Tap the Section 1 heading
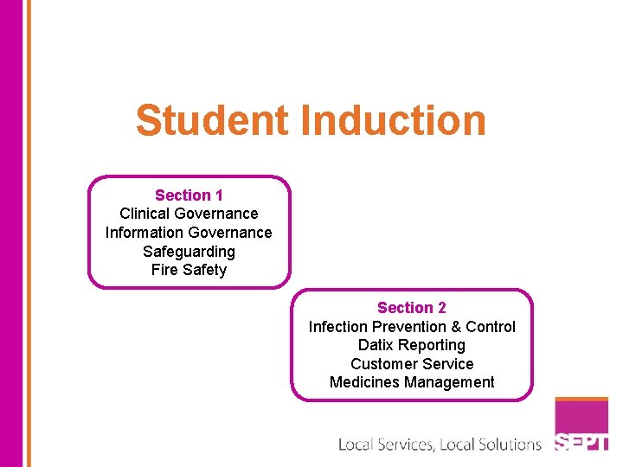coord(189,195)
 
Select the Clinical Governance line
coord(189,214)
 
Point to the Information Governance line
coord(189,233)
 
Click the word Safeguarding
coord(189,252)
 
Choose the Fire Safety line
coord(189,270)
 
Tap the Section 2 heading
coord(412,308)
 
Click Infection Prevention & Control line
coord(412,327)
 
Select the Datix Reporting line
coord(412,345)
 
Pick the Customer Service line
coord(412,364)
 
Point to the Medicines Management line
coord(412,382)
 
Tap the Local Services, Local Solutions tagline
coord(440,445)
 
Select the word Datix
coord(376,345)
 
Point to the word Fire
coord(164,270)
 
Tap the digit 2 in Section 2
coord(442,308)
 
